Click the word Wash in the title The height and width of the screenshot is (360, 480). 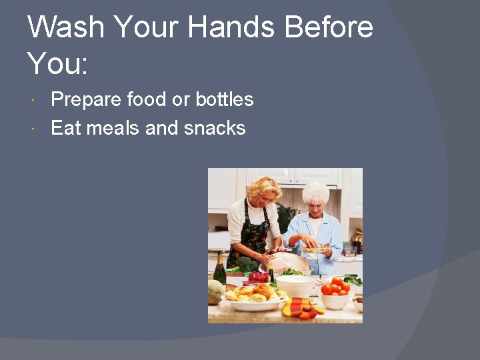(65, 28)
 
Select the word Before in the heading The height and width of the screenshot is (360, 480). (329, 28)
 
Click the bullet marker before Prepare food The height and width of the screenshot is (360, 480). (34, 100)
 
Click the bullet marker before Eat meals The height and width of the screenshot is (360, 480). (34, 128)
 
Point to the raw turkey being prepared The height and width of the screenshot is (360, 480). (289, 262)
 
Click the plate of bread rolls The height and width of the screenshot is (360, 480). (253, 297)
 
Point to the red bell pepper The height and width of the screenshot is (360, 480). (259, 276)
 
